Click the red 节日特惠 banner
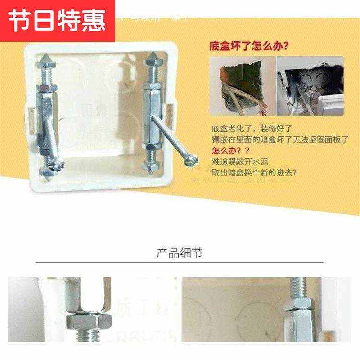tap(58, 21)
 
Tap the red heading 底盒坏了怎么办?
tap(249, 46)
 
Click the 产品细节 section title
tap(180, 253)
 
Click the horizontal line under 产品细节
tap(180, 262)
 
